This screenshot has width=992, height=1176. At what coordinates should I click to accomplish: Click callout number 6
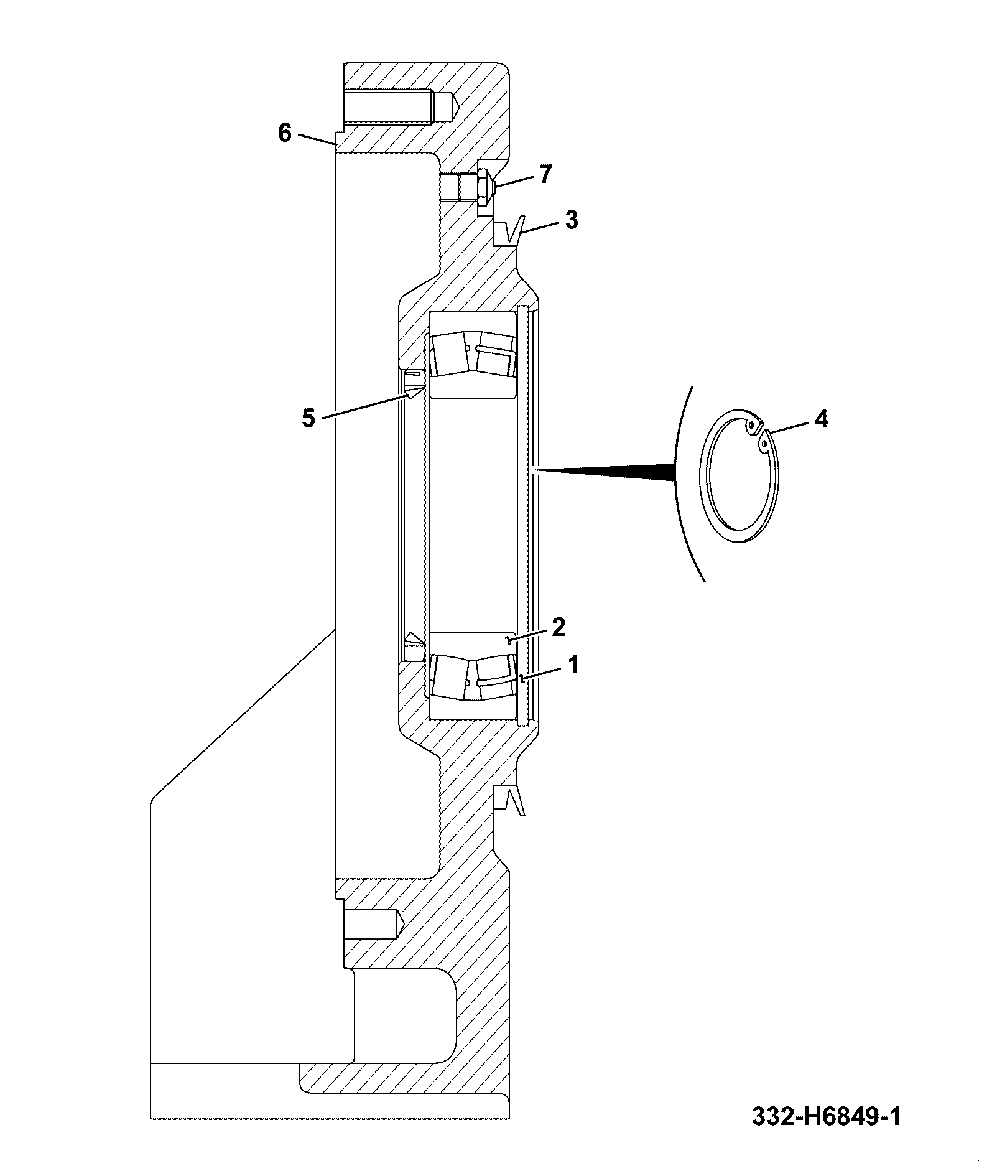(284, 133)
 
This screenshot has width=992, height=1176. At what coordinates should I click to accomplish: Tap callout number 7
(545, 175)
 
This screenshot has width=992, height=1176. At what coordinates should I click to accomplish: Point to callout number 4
(821, 419)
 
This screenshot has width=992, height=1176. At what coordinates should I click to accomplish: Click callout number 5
(308, 418)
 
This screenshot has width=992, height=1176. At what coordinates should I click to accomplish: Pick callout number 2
(558, 627)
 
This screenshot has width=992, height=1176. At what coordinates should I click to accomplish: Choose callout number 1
(573, 665)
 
